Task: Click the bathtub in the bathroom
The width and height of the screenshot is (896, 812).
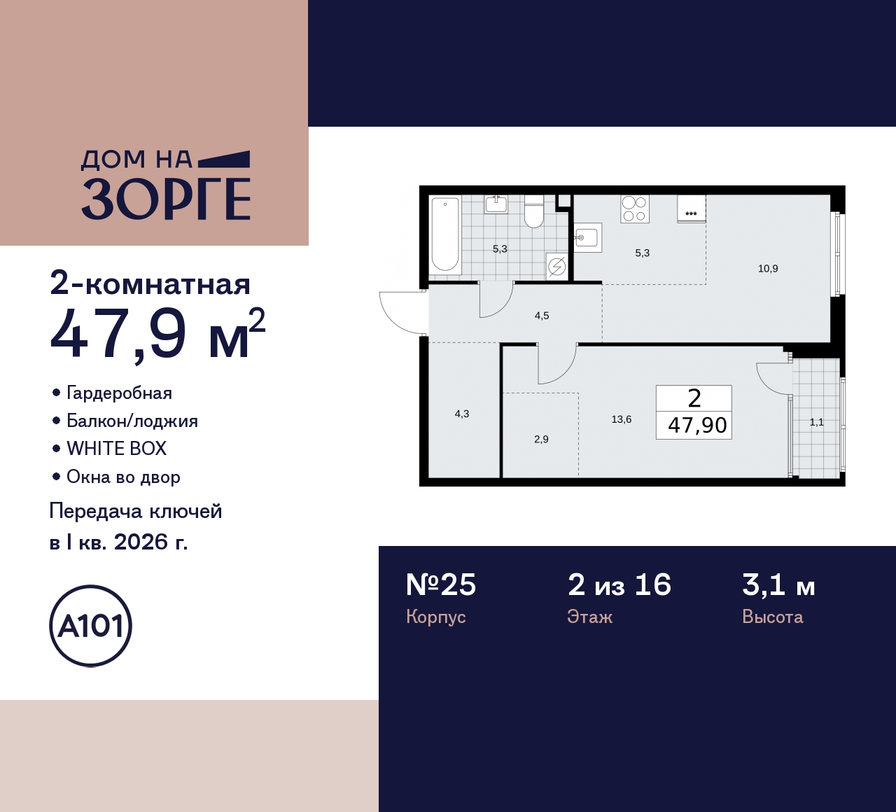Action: (445, 234)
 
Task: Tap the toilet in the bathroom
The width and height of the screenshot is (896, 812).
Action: (533, 211)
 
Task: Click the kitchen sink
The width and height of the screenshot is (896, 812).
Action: (588, 238)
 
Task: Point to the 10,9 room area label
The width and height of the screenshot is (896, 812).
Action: (768, 269)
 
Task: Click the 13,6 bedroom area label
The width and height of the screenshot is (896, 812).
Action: (621, 419)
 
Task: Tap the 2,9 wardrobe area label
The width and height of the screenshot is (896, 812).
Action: (541, 440)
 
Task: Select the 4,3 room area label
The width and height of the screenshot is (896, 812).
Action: (462, 414)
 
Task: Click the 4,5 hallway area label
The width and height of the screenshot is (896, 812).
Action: (542, 316)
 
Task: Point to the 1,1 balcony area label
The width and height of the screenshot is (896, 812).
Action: (816, 422)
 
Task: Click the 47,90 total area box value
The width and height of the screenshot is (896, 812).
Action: (697, 425)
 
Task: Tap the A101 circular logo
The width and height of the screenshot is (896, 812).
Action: (91, 626)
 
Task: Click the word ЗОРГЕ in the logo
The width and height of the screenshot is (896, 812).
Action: (166, 199)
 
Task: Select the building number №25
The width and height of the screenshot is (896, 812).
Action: (441, 584)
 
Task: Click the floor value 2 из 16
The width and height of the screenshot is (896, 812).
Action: (619, 584)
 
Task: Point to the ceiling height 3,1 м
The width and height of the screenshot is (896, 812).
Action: (778, 584)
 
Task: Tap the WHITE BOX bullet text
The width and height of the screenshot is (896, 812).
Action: (116, 449)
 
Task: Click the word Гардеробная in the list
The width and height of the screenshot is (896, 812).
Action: (119, 393)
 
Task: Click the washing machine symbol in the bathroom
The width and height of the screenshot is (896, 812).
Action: (557, 266)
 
